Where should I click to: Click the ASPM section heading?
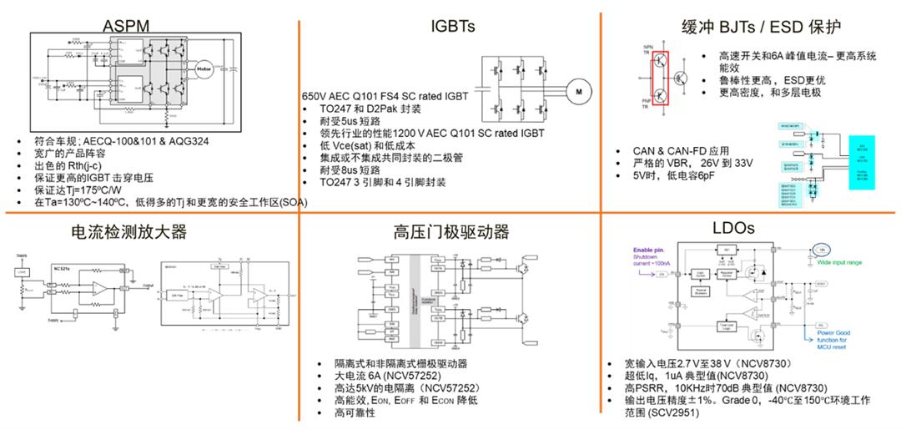[x=126, y=25]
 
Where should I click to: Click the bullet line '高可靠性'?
[x=351, y=412]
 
